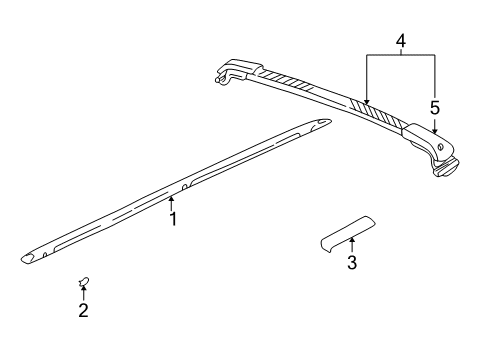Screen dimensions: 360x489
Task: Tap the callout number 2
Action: pos(83,311)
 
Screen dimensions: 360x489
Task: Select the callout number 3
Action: pos(351,264)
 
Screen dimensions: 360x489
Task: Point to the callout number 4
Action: pos(400,42)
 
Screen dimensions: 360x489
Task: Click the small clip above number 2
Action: pos(83,284)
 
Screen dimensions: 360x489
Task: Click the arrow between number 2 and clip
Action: pos(83,295)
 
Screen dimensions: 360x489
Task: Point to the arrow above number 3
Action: pos(351,245)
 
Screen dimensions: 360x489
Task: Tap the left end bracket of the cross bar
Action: pos(232,73)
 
